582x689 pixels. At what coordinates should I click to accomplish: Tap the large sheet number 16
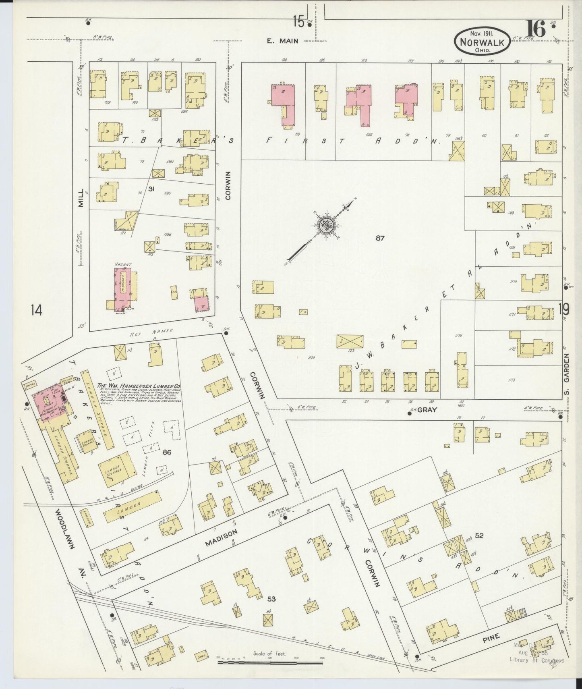pyautogui.click(x=536, y=29)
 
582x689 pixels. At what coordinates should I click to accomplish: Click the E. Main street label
pyautogui.click(x=282, y=41)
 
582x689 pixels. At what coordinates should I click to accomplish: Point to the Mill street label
pyautogui.click(x=82, y=198)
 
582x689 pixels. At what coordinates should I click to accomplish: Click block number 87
pyautogui.click(x=380, y=238)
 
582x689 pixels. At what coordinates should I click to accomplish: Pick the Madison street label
pyautogui.click(x=221, y=538)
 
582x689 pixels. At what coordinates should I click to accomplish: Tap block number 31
pyautogui.click(x=151, y=189)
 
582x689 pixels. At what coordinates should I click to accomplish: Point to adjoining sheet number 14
pyautogui.click(x=36, y=310)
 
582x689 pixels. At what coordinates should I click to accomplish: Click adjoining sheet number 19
pyautogui.click(x=564, y=309)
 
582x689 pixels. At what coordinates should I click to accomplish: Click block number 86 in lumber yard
pyautogui.click(x=167, y=452)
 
